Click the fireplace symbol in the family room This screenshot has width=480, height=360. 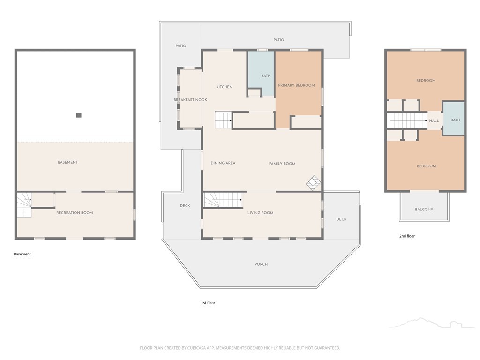[x=314, y=183]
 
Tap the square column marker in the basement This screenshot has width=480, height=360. [x=79, y=115]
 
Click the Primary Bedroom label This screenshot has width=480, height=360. [x=296, y=85]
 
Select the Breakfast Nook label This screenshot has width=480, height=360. [x=190, y=100]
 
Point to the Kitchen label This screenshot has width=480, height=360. [x=225, y=87]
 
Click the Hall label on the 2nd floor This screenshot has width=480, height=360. [x=434, y=120]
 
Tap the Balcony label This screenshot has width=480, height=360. [x=424, y=210]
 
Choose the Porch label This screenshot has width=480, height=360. [x=261, y=264]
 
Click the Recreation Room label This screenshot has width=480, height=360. [x=75, y=213]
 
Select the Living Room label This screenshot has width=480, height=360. [x=261, y=213]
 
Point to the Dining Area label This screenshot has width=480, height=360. [x=223, y=163]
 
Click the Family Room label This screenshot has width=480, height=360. [x=282, y=164]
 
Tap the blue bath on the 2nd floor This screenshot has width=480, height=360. [x=454, y=118]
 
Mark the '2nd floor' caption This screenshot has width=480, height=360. [x=407, y=236]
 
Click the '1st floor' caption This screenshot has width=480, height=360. [x=208, y=303]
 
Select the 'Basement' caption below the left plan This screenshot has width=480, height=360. [x=22, y=254]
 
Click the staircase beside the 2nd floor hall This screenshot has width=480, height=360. [x=407, y=120]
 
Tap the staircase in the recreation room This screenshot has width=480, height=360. [x=24, y=205]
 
